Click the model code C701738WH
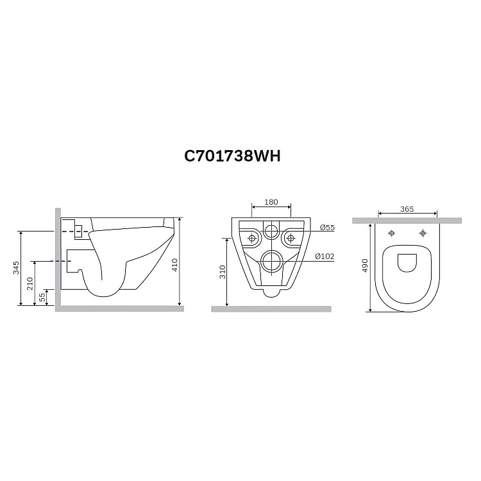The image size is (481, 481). (x=232, y=156)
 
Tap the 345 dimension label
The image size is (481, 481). (x=15, y=267)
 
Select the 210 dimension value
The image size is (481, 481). (x=30, y=283)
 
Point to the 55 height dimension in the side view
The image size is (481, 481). (x=42, y=297)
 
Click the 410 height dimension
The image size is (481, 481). (x=174, y=265)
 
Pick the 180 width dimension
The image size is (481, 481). (x=271, y=202)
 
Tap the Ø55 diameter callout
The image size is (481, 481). (x=327, y=228)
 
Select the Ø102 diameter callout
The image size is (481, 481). (x=325, y=256)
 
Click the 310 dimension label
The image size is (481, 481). (x=223, y=272)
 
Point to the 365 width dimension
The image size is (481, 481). (x=407, y=209)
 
